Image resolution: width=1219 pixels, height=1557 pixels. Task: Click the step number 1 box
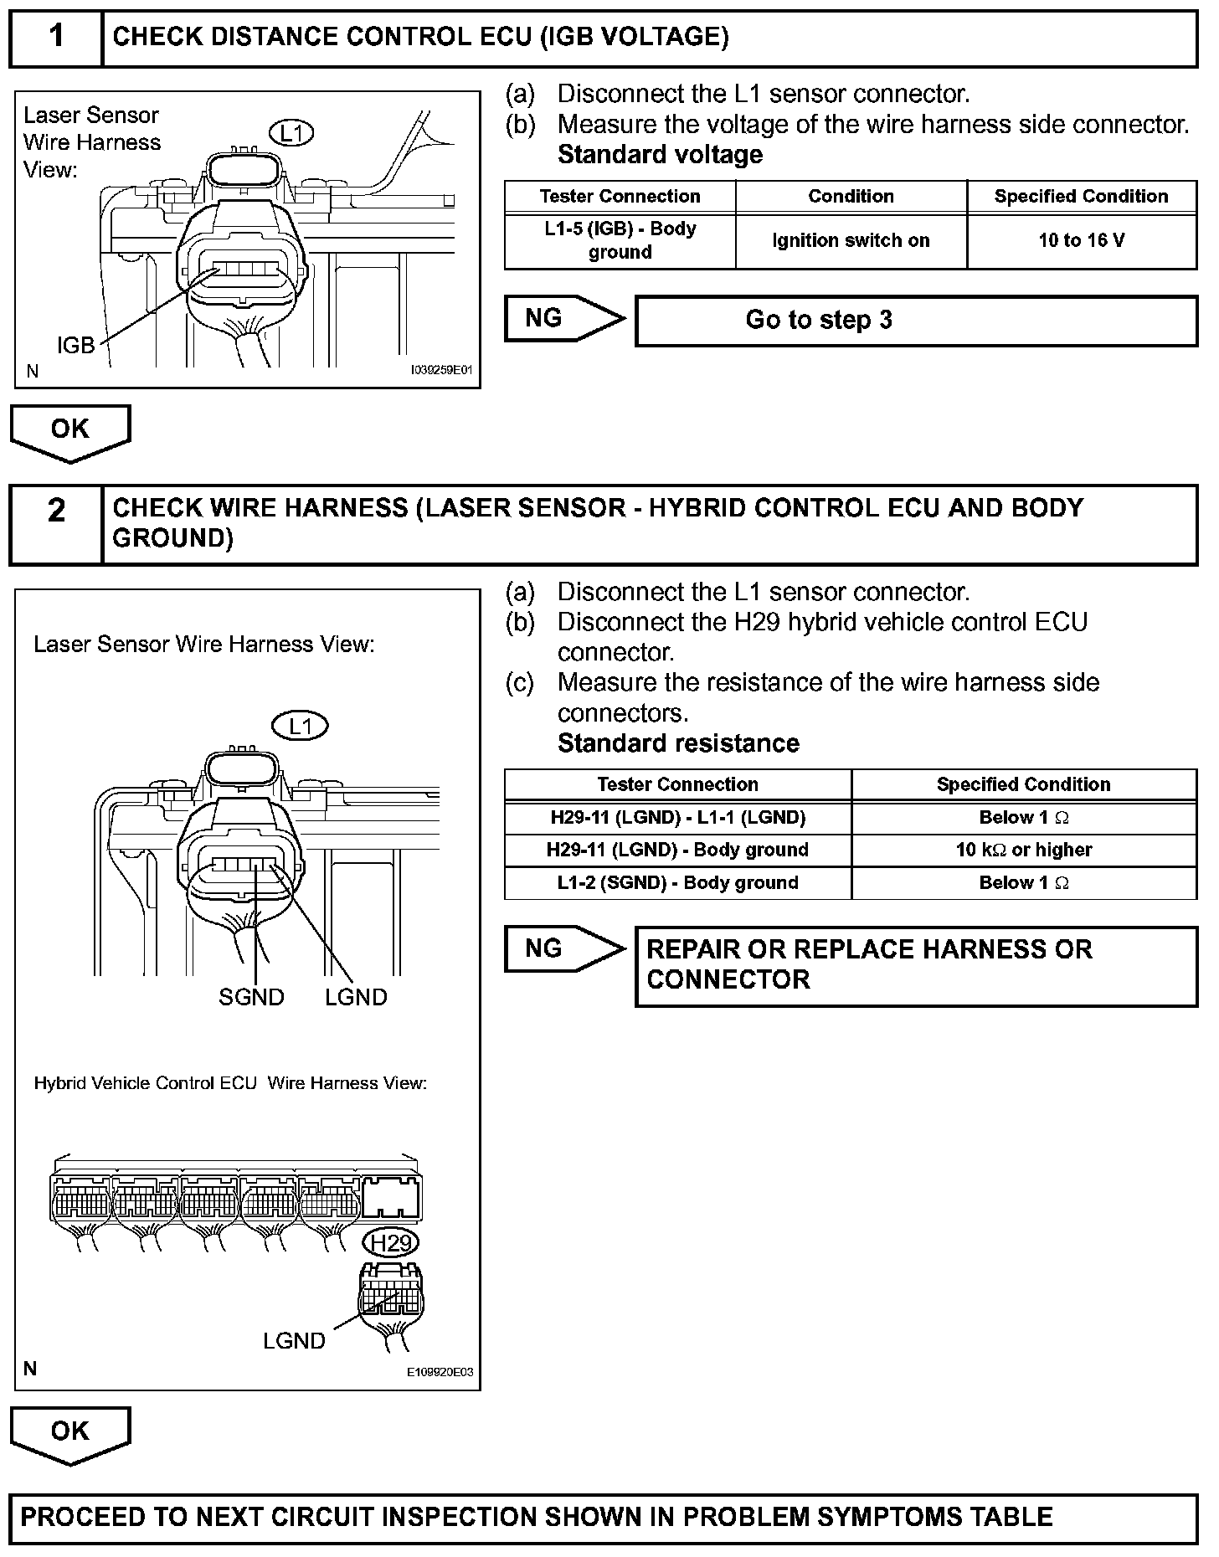[x=56, y=37]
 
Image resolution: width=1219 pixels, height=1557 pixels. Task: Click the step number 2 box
[x=56, y=523]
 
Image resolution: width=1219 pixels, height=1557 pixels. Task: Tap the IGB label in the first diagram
[x=75, y=345]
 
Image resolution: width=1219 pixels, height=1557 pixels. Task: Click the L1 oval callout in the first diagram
[x=291, y=132]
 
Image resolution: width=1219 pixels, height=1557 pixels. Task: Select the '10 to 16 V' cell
[x=1082, y=241]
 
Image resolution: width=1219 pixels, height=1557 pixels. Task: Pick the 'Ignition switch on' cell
[x=851, y=241]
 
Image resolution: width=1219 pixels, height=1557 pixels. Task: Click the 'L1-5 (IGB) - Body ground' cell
[x=620, y=241]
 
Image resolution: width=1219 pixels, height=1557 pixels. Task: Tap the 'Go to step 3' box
[x=916, y=320]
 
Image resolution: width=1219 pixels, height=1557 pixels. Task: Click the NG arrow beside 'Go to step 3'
[x=563, y=319]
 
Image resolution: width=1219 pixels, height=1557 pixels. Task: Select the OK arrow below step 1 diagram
[x=70, y=430]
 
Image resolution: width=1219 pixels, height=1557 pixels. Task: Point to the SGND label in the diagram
[x=251, y=997]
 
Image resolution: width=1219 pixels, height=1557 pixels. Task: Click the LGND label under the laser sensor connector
[x=356, y=997]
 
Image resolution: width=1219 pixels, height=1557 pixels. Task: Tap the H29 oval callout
[x=392, y=1243]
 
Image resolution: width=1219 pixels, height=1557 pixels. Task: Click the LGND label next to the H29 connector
[x=294, y=1341]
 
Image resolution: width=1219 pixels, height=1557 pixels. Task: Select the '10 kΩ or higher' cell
[x=1024, y=850]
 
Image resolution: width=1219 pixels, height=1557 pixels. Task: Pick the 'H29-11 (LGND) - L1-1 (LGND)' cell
[x=677, y=818]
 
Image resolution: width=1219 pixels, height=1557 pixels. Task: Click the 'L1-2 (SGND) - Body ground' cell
[x=677, y=883]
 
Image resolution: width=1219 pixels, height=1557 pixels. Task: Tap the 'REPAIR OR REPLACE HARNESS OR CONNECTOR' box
[x=916, y=965]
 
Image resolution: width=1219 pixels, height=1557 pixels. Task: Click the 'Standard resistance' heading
[x=678, y=743]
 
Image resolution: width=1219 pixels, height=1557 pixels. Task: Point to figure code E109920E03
[x=440, y=1372]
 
